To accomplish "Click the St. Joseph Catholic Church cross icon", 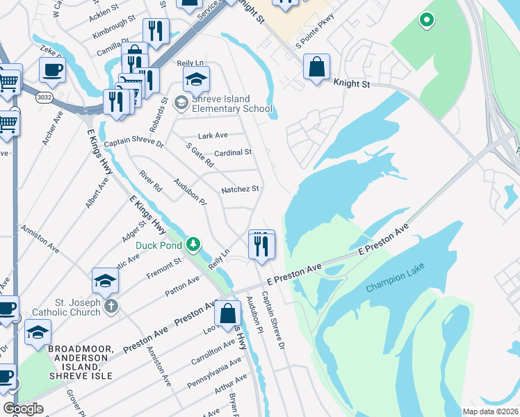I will pyautogui.click(x=112, y=306).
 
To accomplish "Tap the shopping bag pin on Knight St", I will pyautogui.click(x=316, y=68).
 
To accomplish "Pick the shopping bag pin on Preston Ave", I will pyautogui.click(x=227, y=313).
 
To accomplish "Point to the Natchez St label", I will pyautogui.click(x=240, y=189).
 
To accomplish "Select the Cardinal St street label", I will pyautogui.click(x=232, y=152).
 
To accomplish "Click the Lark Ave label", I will pyautogui.click(x=213, y=136).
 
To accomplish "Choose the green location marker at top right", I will pyautogui.click(x=425, y=21).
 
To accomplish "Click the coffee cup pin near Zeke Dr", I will pyautogui.click(x=53, y=69).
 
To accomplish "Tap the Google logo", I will pyautogui.click(x=24, y=408).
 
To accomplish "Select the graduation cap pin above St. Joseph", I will pyautogui.click(x=105, y=280).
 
